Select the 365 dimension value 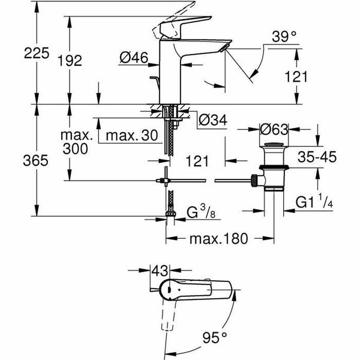click(18, 161)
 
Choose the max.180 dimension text click(218, 239)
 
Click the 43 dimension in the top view click(160, 272)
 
